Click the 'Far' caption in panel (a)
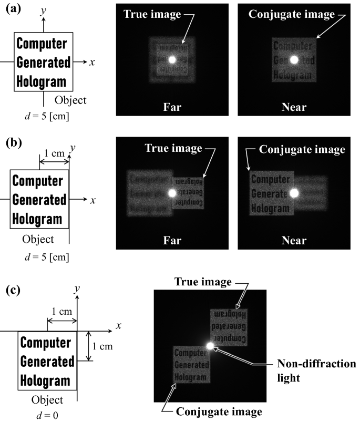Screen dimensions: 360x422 [171, 107]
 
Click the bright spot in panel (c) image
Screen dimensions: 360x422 [210, 345]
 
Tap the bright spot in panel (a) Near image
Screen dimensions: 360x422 [294, 60]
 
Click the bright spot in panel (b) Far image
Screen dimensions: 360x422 [171, 193]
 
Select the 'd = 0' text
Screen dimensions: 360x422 [45, 414]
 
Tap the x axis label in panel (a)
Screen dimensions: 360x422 [92, 62]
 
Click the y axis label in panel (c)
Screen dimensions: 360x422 [77, 289]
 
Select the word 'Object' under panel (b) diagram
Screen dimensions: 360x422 [38, 240]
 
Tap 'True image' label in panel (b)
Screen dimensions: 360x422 [173, 149]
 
